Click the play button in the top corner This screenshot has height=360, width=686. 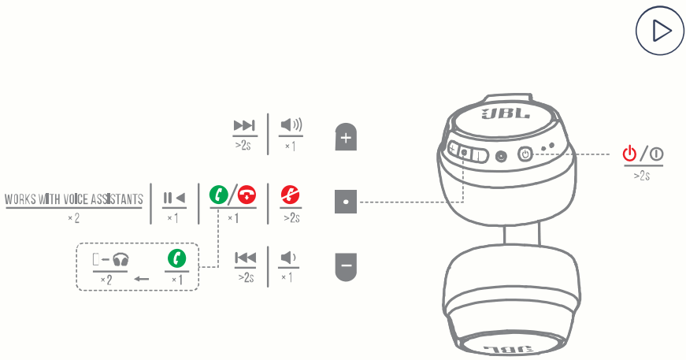(x=659, y=32)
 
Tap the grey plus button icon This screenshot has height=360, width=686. (x=347, y=137)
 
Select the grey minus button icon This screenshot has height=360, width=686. (x=347, y=266)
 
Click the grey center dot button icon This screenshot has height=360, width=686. (x=347, y=202)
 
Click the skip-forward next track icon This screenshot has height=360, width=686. (x=244, y=125)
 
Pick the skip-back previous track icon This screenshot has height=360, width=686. (x=245, y=258)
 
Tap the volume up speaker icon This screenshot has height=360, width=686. (x=291, y=125)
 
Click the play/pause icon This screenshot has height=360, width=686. (x=174, y=197)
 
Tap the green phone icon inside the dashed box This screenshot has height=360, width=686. (x=176, y=258)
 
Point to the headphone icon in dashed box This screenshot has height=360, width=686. (x=121, y=259)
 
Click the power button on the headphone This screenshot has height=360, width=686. (x=525, y=154)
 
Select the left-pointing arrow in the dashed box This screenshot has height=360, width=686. (x=142, y=279)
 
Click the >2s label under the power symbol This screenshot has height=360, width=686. (x=642, y=176)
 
